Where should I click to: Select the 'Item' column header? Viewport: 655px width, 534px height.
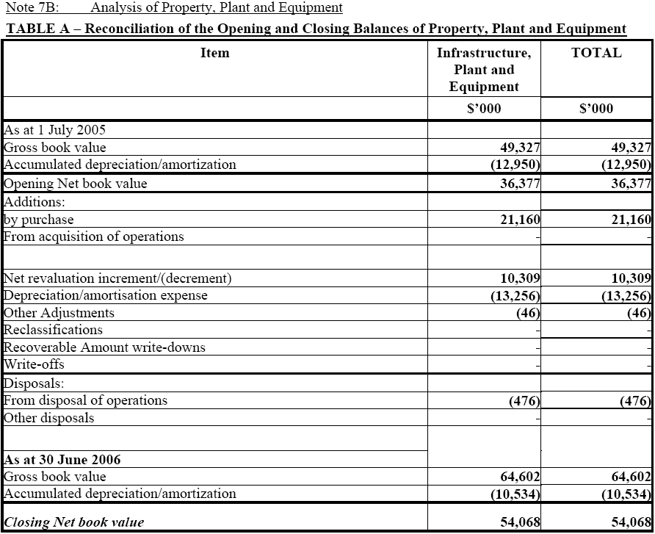coord(214,53)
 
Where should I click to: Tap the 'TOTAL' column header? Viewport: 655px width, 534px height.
coord(596,53)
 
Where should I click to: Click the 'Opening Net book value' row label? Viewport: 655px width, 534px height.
coord(76,184)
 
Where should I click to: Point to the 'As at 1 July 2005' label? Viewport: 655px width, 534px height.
coord(55,130)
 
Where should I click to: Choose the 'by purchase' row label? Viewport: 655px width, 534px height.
coord(39,220)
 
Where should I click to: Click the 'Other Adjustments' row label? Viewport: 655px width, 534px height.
coord(59,313)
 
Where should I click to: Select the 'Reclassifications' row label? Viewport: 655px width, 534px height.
coord(54,330)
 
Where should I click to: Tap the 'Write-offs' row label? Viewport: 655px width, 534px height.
coord(35,364)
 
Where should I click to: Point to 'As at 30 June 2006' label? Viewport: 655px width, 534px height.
coord(62,460)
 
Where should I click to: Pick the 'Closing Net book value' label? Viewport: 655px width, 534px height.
coord(74,523)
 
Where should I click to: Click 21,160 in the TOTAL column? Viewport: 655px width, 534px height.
coord(631,220)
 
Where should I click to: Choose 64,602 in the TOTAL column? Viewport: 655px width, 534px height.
coord(631,477)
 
